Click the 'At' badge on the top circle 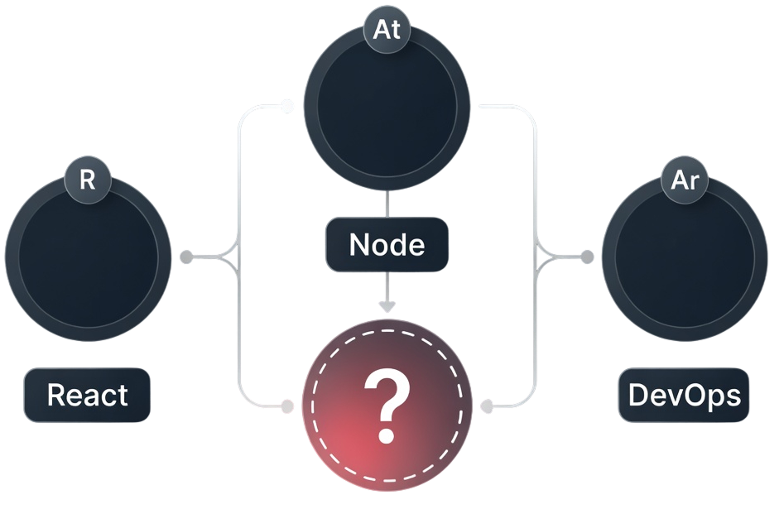point(387,31)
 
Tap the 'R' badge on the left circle point(87,180)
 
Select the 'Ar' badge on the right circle point(685,180)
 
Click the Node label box point(387,245)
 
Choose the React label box point(87,395)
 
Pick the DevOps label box point(685,395)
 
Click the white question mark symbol point(387,405)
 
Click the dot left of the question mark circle point(287,406)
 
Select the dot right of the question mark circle point(487,406)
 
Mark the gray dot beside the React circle point(187,257)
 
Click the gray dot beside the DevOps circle point(587,257)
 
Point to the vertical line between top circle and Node point(387,205)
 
